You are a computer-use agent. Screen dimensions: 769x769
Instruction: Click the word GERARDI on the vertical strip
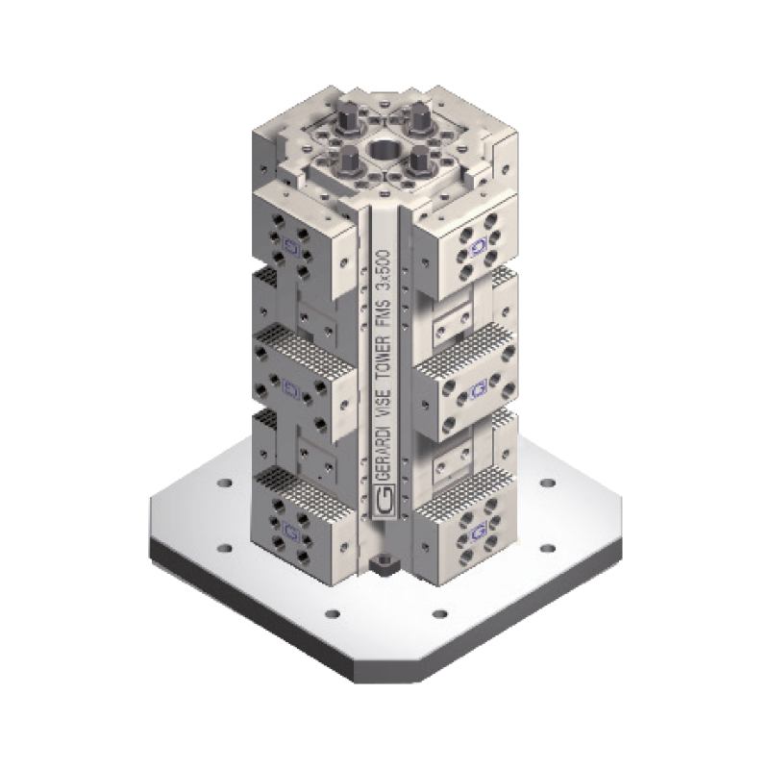pos(384,447)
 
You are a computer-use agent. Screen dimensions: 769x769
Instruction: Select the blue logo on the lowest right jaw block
pos(477,528)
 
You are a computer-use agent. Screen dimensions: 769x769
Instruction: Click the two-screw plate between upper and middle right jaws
pos(454,318)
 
